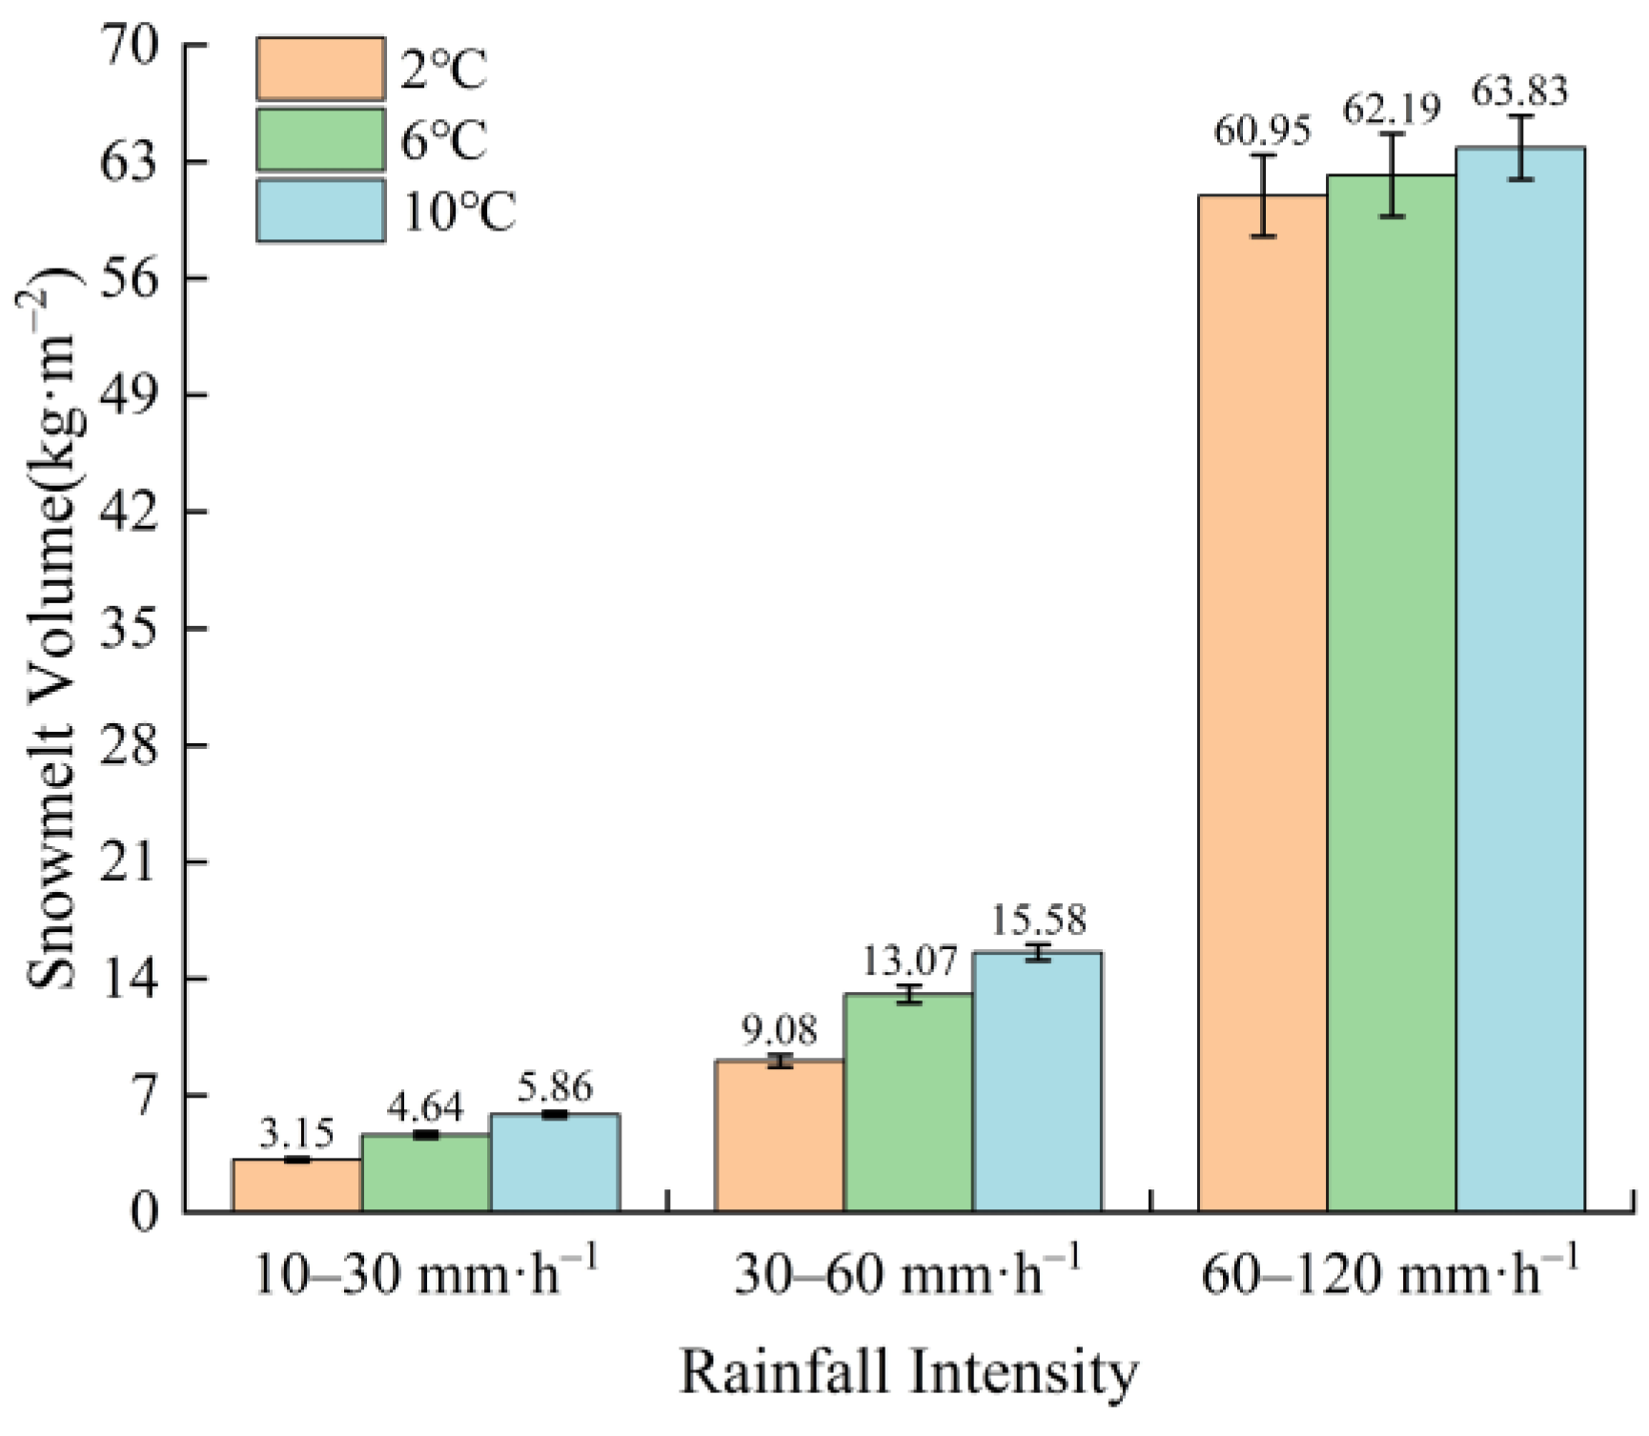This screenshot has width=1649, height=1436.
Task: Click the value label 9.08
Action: (x=779, y=1030)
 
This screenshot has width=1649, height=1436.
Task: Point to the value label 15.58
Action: (x=1037, y=920)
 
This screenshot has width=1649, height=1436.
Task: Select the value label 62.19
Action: (x=1392, y=111)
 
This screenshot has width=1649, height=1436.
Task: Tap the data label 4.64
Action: (x=425, y=1107)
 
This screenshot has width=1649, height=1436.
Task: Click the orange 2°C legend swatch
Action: (x=320, y=69)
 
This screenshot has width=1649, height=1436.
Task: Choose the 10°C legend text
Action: (x=458, y=212)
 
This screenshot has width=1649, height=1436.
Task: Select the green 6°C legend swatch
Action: (x=320, y=140)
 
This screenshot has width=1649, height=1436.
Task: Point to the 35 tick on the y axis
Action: (x=129, y=628)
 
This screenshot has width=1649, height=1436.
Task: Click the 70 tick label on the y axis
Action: (x=129, y=46)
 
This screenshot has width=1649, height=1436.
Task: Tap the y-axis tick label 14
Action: (x=129, y=979)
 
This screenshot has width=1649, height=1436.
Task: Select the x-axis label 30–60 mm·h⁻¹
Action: (x=907, y=1274)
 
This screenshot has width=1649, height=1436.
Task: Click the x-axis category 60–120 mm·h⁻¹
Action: (x=1390, y=1274)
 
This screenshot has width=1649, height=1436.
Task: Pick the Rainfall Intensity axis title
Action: (x=907, y=1373)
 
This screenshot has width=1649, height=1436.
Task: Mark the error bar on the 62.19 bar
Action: (x=1392, y=175)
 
